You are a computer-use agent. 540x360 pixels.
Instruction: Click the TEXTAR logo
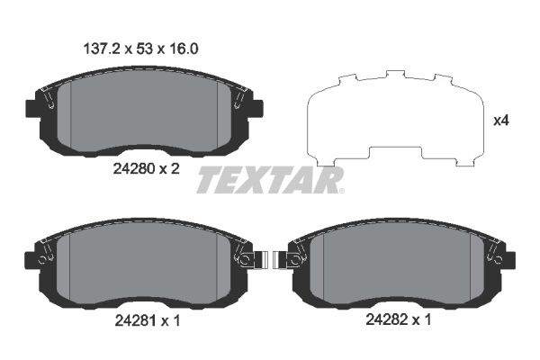(270, 180)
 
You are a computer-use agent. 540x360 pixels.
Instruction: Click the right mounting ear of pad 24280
(255, 108)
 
